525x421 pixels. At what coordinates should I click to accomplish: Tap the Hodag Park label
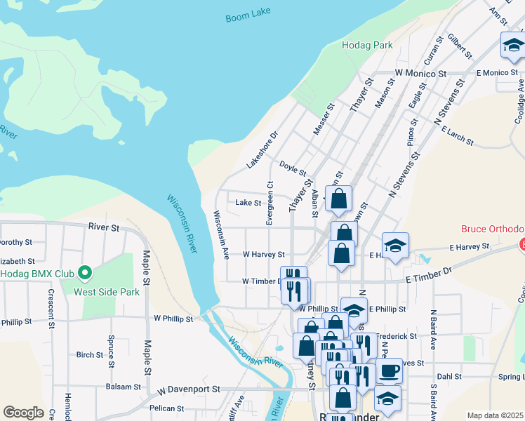point(367,45)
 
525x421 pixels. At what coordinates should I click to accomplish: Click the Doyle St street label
point(293,168)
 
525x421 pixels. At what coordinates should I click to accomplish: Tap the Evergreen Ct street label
point(270,204)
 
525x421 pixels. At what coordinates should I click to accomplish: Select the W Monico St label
point(420,73)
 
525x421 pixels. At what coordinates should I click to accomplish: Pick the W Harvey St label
point(263,255)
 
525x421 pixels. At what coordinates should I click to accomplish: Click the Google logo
point(23,413)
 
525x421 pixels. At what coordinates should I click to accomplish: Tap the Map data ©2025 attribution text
point(496,415)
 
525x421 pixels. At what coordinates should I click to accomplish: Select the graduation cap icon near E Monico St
point(514,46)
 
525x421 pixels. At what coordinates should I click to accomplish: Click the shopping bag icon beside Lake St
point(338,199)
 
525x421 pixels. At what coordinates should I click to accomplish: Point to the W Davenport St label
point(189,389)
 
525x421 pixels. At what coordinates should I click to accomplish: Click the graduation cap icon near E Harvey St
point(396,246)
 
